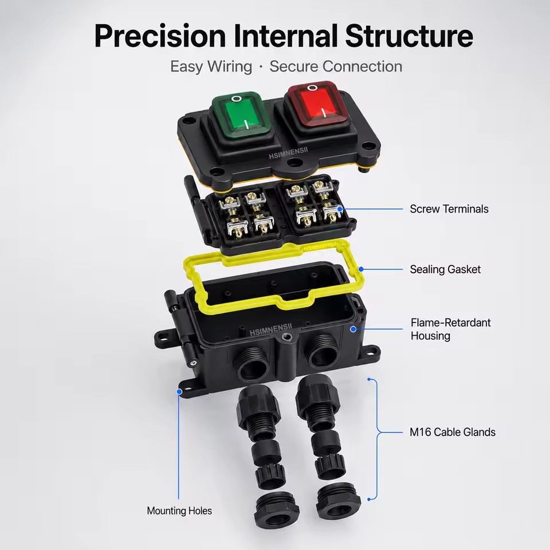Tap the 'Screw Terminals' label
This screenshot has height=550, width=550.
coord(449,209)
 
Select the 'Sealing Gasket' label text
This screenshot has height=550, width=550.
coord(445,269)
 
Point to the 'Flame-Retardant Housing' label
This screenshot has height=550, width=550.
coord(451,329)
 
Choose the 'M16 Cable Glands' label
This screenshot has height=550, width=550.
coord(453,432)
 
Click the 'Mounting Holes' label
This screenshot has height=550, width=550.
coord(179,510)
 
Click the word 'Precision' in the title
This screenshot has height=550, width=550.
coord(160,36)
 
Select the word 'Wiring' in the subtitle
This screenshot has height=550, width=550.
coord(229,67)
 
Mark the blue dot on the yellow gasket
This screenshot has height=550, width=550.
coord(361,269)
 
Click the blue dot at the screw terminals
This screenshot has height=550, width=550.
coord(340,209)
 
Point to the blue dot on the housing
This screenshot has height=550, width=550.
coord(353,329)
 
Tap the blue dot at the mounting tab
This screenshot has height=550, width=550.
coord(179,391)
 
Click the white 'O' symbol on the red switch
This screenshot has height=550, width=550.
coord(312,87)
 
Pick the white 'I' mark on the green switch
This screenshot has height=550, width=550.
coord(247,124)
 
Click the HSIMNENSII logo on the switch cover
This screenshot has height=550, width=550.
coord(288,153)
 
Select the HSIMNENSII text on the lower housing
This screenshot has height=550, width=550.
coord(270,329)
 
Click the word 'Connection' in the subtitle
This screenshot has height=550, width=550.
coord(362,66)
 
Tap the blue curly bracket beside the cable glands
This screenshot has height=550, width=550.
coord(378,432)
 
